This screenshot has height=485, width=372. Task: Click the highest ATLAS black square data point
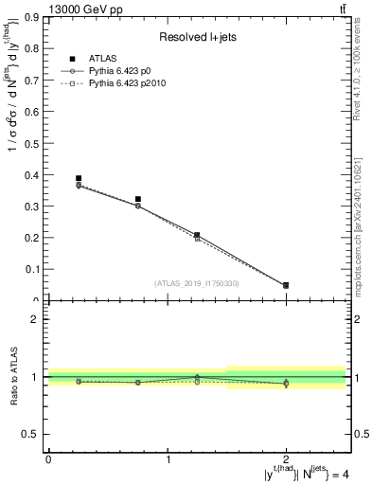pyautogui.click(x=79, y=178)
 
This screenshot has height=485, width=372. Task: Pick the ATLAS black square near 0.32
pyautogui.click(x=138, y=200)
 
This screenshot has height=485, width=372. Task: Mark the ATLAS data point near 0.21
pyautogui.click(x=197, y=234)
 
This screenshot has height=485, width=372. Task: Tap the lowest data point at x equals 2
pyautogui.click(x=286, y=285)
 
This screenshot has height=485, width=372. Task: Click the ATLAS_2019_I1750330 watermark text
pyautogui.click(x=197, y=283)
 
